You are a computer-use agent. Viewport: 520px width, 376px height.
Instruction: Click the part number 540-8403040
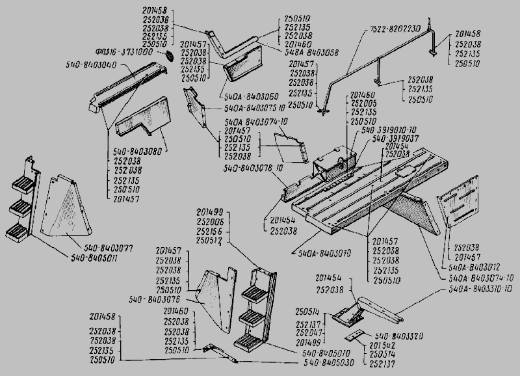click(x=90, y=65)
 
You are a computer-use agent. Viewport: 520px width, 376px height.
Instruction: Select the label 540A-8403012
click(x=466, y=267)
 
